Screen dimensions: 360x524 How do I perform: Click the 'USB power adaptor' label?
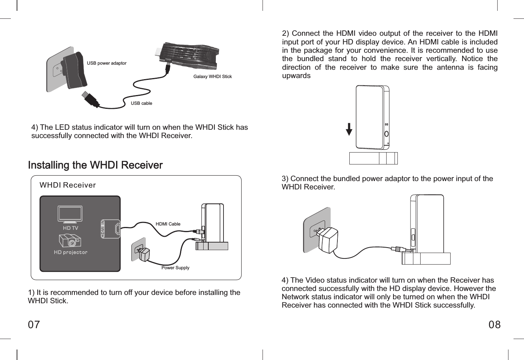pos(107,63)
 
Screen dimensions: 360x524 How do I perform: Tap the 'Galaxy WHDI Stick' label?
pos(212,77)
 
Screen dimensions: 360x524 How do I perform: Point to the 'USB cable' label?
pos(141,103)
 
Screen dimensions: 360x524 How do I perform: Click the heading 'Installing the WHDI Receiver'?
pos(95,165)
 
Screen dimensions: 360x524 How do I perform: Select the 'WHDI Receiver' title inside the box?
pos(68,185)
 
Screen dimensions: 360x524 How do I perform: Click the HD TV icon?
pos(70,214)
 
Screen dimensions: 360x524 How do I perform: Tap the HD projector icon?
pos(70,240)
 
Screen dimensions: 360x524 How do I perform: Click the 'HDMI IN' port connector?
pos(117,229)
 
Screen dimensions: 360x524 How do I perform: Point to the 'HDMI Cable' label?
pos(168,224)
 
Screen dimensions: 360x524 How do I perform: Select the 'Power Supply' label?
pos(175,268)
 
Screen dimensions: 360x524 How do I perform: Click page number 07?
pos(34,325)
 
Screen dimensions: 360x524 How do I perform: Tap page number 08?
pos(494,325)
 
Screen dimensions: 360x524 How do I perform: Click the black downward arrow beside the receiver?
pos(349,129)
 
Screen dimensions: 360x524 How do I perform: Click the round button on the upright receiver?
pos(387,134)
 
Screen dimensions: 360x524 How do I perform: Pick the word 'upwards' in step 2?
pos(296,76)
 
